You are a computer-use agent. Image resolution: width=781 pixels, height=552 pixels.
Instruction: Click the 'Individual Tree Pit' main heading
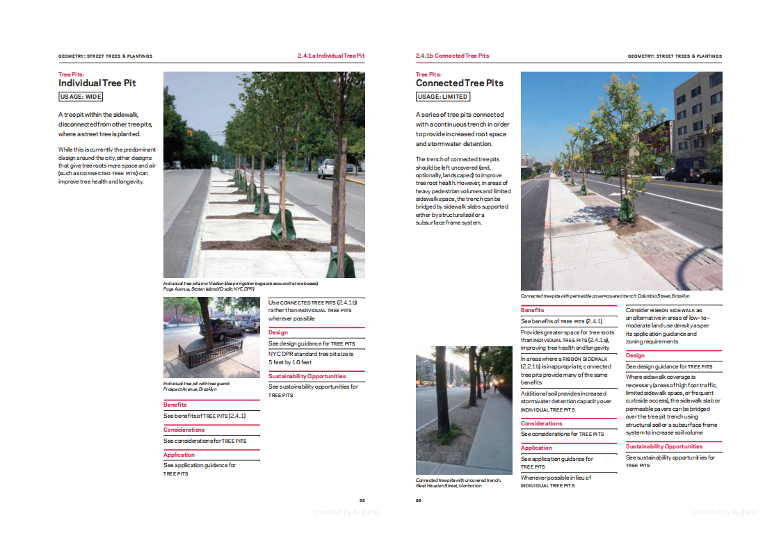(97, 83)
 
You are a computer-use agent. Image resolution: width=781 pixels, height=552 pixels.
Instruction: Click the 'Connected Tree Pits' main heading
(459, 83)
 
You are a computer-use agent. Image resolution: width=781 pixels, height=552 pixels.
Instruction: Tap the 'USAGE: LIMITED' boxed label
(443, 97)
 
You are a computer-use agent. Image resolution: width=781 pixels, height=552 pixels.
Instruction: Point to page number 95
(362, 500)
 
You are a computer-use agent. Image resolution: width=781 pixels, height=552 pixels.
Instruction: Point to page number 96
(419, 500)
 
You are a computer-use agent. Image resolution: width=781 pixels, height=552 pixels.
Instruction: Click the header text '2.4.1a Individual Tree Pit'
(330, 56)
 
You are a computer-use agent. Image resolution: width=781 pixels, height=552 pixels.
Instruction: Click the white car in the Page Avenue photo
(326, 168)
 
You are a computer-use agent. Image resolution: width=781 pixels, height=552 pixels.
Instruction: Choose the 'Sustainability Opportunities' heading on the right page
(664, 446)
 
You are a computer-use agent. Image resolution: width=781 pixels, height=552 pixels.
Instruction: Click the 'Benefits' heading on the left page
(175, 405)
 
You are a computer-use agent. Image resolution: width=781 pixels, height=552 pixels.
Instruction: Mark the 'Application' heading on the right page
(536, 448)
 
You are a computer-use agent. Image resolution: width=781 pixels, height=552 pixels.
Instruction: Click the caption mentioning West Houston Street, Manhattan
(449, 482)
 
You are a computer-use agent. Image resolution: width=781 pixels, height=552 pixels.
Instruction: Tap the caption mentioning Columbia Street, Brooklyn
(605, 295)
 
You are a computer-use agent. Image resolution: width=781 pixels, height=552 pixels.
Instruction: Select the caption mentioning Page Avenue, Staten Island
(240, 286)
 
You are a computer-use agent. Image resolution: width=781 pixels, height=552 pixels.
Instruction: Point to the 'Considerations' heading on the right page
(541, 423)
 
